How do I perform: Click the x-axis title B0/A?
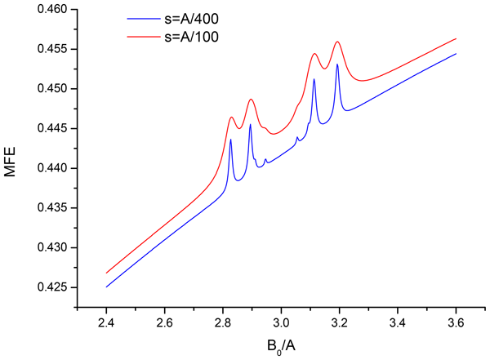[x=281, y=345]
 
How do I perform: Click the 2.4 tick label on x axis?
[x=106, y=321]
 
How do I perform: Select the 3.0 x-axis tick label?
[x=281, y=321]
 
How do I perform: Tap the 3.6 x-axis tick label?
[x=456, y=321]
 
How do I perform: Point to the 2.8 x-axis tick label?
[x=223, y=321]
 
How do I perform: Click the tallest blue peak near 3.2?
[x=337, y=64]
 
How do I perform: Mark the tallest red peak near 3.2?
[x=337, y=42]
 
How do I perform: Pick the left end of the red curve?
[x=106, y=273]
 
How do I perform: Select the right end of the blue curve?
[x=456, y=54]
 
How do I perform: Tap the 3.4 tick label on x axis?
[x=398, y=321]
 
